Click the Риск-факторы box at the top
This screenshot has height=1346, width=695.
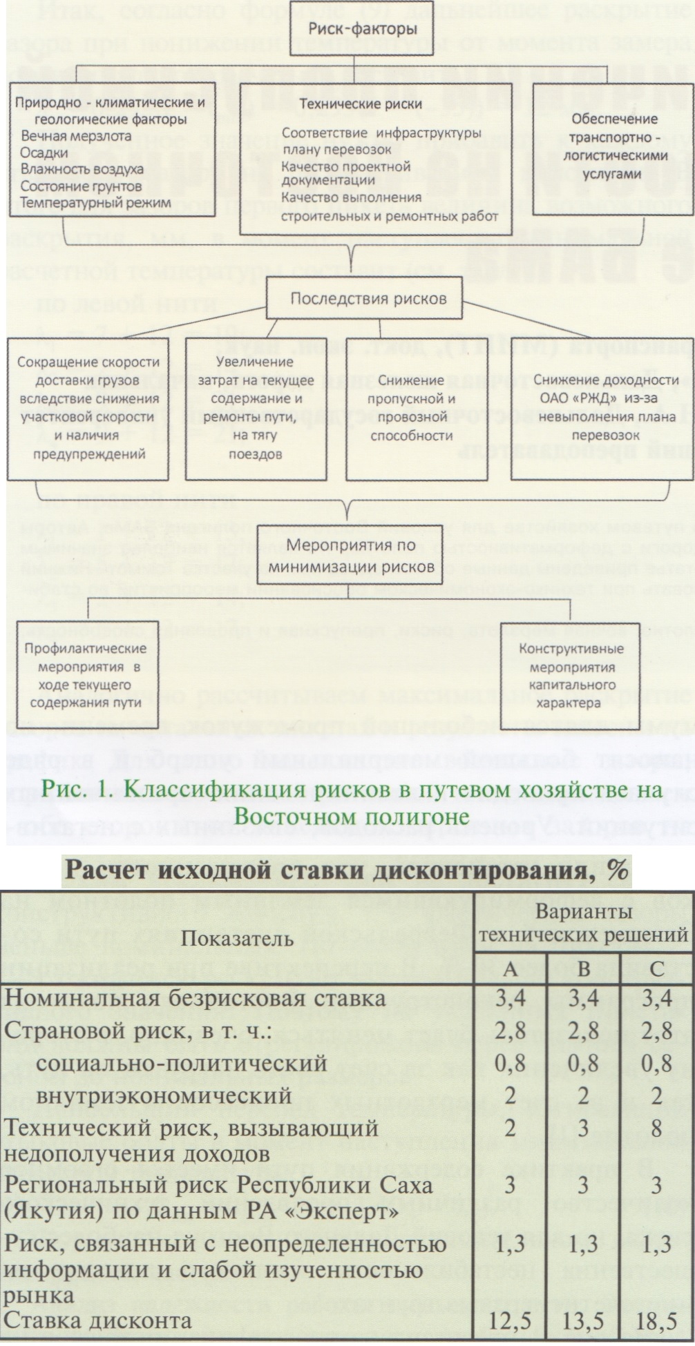354,29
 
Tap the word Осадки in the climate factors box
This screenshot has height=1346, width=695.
44,153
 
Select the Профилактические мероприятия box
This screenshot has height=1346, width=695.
86,675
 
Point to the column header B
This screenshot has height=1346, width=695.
583,969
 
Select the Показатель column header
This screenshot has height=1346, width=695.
238,938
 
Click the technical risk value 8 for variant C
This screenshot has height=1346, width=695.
656,1128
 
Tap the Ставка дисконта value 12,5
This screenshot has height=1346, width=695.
510,1321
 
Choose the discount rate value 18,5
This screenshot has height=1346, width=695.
656,1321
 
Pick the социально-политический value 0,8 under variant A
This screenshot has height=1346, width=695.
510,1064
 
